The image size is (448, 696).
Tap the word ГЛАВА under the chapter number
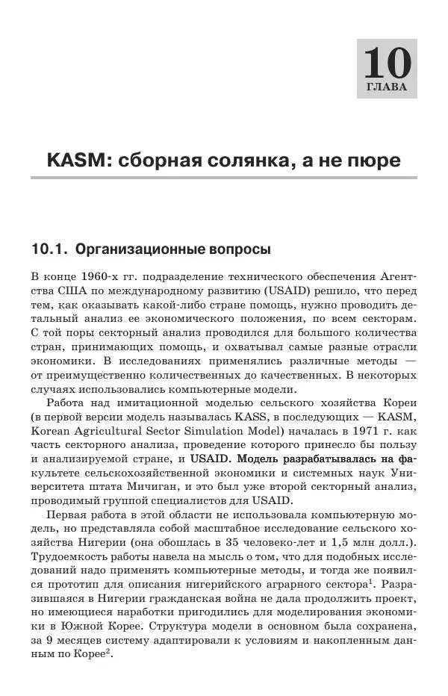pos(387,87)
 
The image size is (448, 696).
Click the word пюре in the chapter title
pos(368,161)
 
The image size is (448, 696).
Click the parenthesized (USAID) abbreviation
pos(281,290)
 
